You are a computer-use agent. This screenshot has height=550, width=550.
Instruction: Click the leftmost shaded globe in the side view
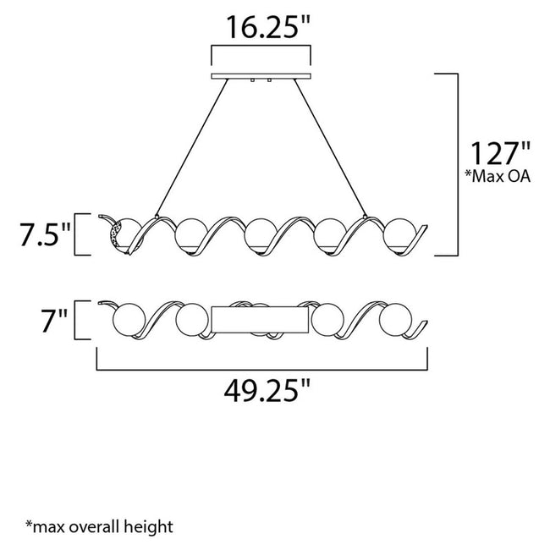click(121, 233)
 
